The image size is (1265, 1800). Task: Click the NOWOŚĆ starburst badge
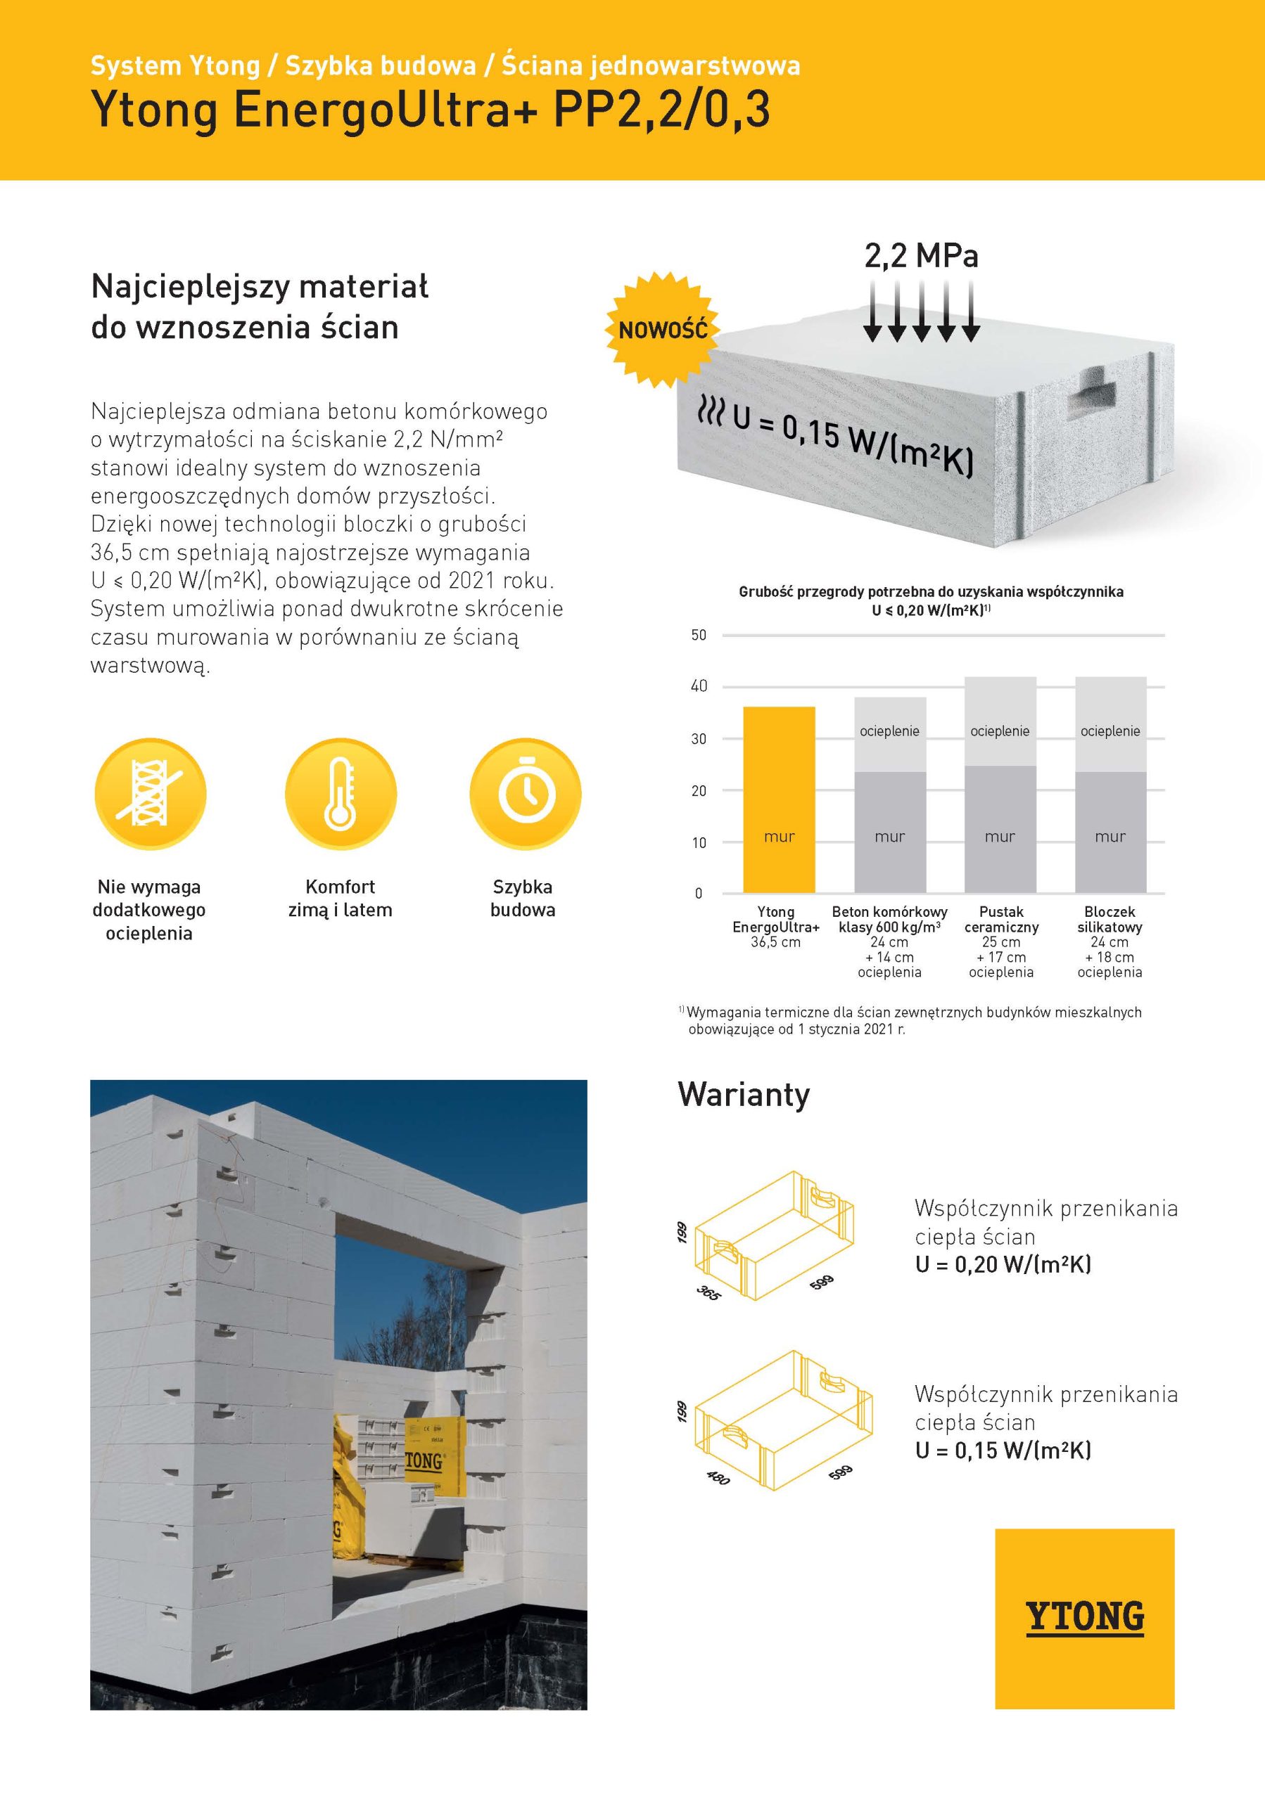pyautogui.click(x=663, y=329)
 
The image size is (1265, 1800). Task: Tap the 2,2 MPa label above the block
pyautogui.click(x=921, y=257)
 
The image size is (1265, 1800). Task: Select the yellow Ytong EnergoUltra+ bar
pyautogui.click(x=779, y=799)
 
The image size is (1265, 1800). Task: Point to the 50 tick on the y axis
pyautogui.click(x=699, y=635)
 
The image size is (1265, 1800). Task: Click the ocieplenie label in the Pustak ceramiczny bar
pyautogui.click(x=1000, y=731)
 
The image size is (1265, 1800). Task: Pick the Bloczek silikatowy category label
pyautogui.click(x=1110, y=919)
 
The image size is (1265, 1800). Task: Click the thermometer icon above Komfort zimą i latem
pyautogui.click(x=341, y=793)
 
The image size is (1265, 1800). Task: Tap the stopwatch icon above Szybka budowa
pyautogui.click(x=526, y=793)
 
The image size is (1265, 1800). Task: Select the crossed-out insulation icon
pyautogui.click(x=150, y=793)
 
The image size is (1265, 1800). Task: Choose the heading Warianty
pyautogui.click(x=744, y=1095)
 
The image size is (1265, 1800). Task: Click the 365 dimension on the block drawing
pyautogui.click(x=708, y=1292)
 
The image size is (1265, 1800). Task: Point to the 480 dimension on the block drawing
pyautogui.click(x=718, y=1478)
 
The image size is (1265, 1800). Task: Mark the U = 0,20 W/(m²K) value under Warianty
pyautogui.click(x=1003, y=1264)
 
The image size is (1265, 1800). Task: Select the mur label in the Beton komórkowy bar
pyautogui.click(x=889, y=837)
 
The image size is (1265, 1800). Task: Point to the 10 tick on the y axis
pyautogui.click(x=699, y=843)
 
